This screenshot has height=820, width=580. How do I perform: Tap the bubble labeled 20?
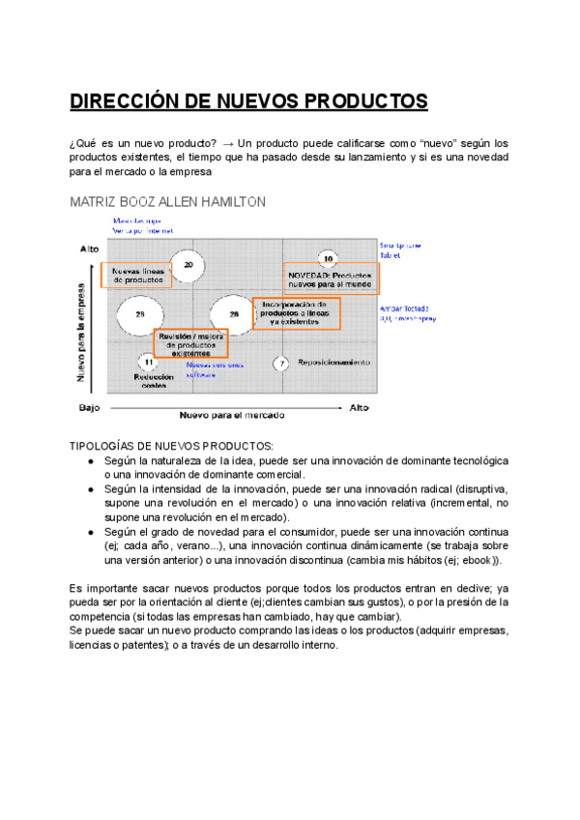click(188, 264)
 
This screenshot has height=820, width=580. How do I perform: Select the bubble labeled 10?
click(329, 259)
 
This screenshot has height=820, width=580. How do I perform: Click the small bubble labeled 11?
click(148, 363)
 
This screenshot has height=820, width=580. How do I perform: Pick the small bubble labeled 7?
click(281, 364)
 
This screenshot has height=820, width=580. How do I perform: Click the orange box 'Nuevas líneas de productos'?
click(136, 275)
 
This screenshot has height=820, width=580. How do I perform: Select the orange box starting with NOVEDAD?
click(331, 279)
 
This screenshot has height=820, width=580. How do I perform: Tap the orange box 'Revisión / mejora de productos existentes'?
click(190, 343)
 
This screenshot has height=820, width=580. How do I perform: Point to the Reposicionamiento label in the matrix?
click(334, 363)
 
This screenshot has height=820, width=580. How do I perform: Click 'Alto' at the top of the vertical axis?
click(89, 249)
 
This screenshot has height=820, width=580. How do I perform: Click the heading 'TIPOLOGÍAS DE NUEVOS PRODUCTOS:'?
click(172, 446)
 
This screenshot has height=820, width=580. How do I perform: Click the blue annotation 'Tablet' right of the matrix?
click(391, 255)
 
